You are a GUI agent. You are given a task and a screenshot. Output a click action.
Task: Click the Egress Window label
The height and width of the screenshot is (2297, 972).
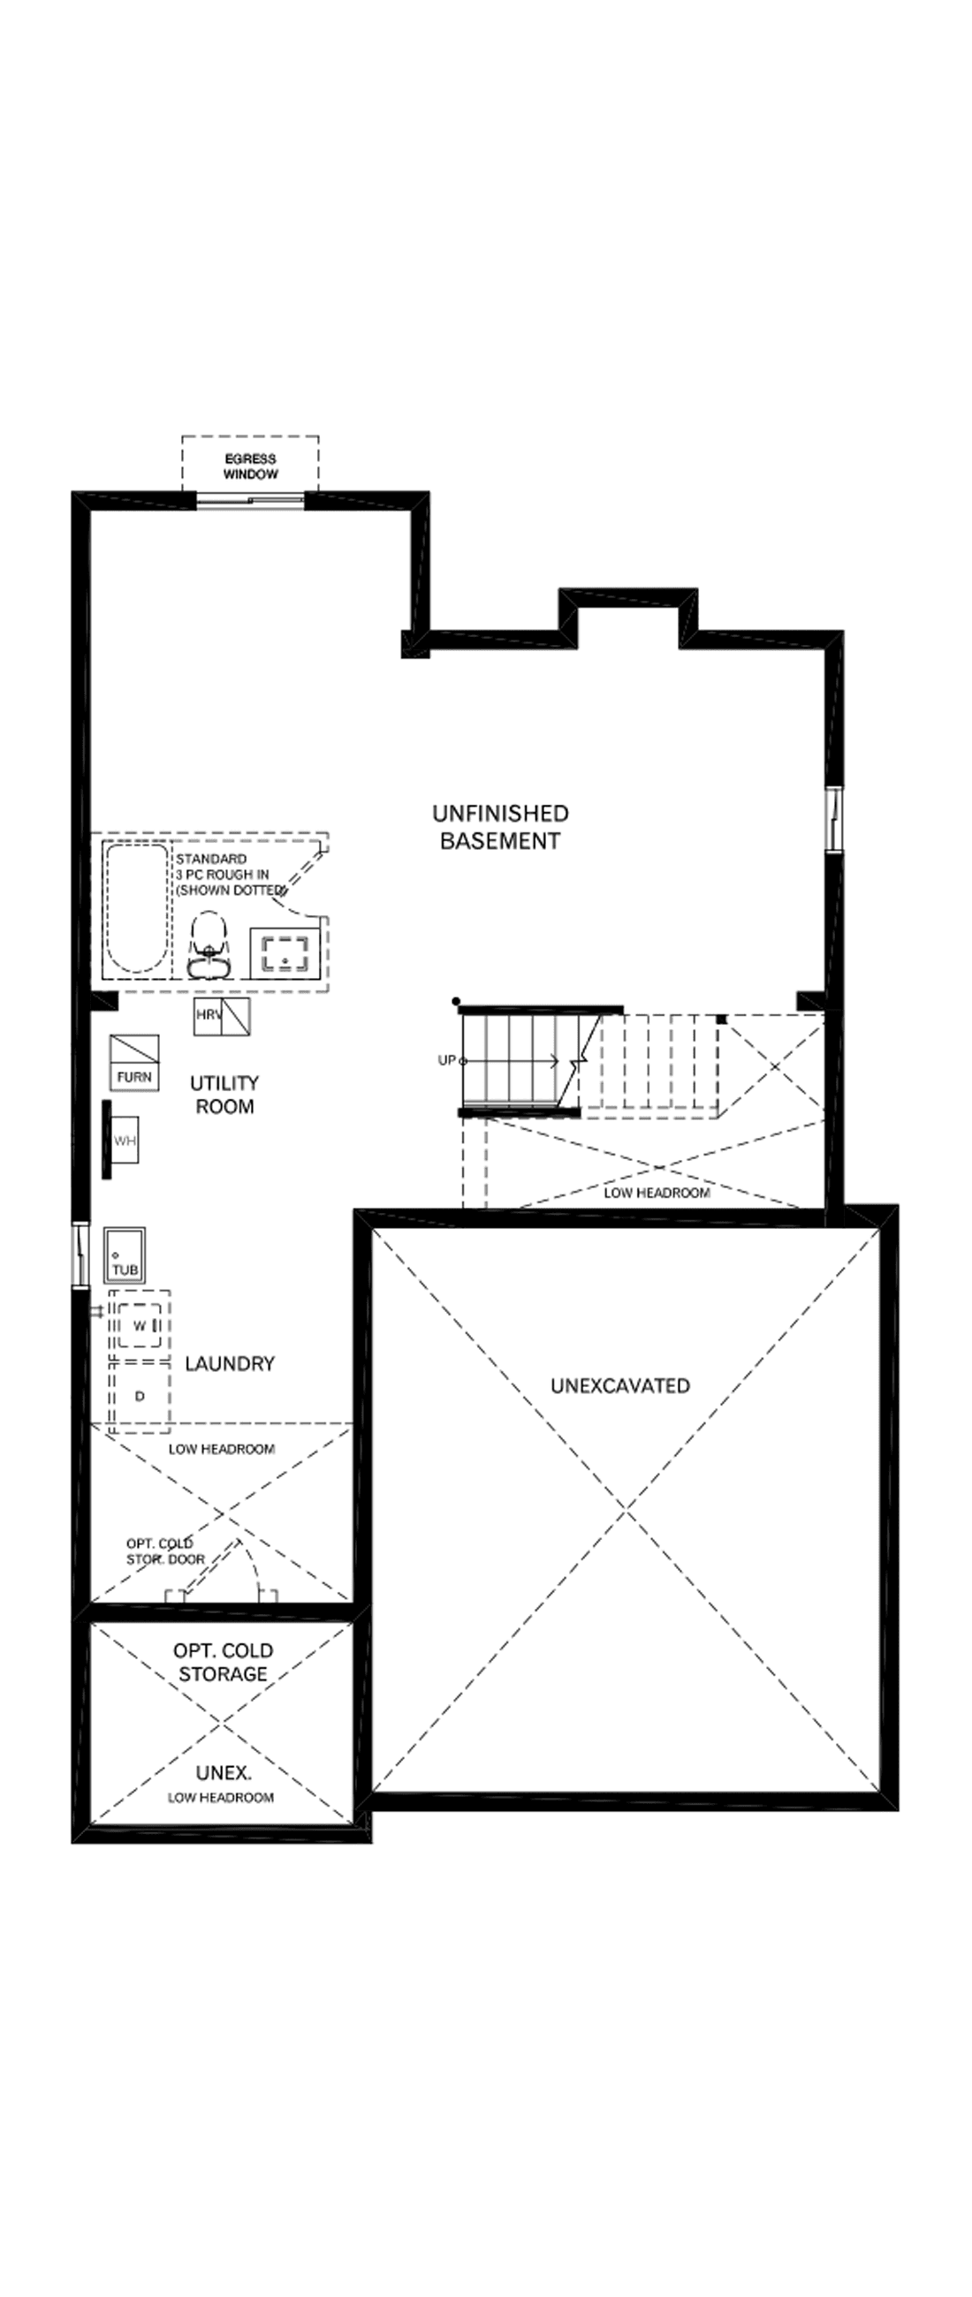pyautogui.click(x=251, y=466)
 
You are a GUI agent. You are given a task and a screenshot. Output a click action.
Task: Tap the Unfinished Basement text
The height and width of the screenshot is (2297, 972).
pyautogui.click(x=500, y=827)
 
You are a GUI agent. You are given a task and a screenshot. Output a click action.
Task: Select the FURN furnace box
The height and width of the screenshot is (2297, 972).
pyautogui.click(x=134, y=1062)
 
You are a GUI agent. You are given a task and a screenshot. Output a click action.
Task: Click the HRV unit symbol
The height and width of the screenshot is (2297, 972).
pyautogui.click(x=221, y=1016)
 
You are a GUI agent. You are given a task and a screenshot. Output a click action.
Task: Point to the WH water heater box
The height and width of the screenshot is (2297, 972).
pyautogui.click(x=125, y=1141)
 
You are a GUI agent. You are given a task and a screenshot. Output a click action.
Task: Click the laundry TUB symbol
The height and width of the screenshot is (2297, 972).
pyautogui.click(x=125, y=1255)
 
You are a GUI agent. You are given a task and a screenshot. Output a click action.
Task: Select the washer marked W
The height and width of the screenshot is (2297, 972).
pyautogui.click(x=139, y=1326)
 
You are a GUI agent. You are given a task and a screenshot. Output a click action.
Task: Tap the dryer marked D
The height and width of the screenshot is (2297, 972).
pyautogui.click(x=139, y=1397)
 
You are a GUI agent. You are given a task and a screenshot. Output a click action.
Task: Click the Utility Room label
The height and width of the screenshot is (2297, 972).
pyautogui.click(x=224, y=1094)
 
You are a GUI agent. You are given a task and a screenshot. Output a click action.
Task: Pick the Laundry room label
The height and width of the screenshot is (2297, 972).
pyautogui.click(x=230, y=1363)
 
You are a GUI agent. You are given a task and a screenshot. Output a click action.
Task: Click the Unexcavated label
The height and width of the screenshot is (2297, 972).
pyautogui.click(x=619, y=1385)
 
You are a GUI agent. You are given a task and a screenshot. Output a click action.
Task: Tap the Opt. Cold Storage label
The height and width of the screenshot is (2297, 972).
pyautogui.click(x=223, y=1662)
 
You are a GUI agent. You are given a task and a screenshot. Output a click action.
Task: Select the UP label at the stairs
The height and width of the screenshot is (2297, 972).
pyautogui.click(x=447, y=1060)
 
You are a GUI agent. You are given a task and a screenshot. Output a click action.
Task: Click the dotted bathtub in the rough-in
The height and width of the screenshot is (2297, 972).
pyautogui.click(x=136, y=907)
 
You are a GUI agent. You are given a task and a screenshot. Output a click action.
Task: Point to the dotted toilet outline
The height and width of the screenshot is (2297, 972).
pyautogui.click(x=209, y=947)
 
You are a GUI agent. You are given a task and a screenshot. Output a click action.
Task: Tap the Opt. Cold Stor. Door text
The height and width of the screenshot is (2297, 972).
pyautogui.click(x=165, y=1551)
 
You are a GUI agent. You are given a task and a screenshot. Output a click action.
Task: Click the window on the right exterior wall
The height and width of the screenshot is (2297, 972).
pyautogui.click(x=833, y=819)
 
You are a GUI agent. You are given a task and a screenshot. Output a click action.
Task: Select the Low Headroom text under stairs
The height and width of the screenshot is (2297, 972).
pyautogui.click(x=657, y=1192)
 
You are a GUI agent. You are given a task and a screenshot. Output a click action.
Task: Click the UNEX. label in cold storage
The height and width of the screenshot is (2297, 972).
pyautogui.click(x=223, y=1773)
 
